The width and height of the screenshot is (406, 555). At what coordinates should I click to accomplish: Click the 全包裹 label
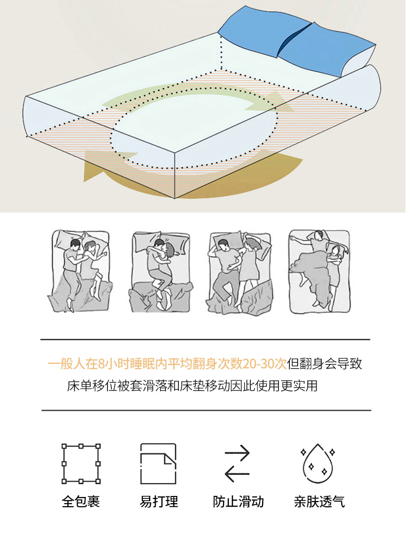click(x=81, y=502)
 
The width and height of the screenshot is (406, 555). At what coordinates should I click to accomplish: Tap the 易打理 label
click(x=159, y=502)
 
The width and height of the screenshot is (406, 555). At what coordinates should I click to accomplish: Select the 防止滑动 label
click(x=238, y=502)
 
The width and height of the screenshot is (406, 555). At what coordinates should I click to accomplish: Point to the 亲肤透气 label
click(x=319, y=502)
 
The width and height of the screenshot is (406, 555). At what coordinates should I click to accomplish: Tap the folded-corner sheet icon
click(x=158, y=464)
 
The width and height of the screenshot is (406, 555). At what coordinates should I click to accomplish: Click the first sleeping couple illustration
click(x=80, y=271)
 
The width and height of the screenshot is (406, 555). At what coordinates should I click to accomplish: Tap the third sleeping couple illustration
click(x=240, y=273)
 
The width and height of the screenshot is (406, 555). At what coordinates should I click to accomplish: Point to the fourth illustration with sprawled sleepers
click(x=319, y=271)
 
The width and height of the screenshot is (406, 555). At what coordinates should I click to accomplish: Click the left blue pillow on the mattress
click(x=264, y=31)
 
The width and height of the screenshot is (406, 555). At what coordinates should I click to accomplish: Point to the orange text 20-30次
click(x=265, y=363)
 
